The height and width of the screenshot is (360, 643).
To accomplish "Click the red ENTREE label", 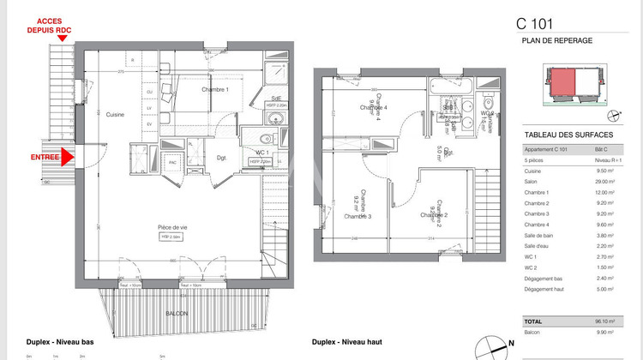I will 45,157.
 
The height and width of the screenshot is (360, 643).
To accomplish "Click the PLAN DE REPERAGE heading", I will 553,41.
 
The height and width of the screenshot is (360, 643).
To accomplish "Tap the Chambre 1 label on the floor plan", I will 215,89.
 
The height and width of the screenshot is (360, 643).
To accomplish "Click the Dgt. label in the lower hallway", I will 220,158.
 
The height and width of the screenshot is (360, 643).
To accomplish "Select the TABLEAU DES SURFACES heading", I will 568,135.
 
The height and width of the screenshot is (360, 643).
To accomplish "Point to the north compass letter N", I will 511,343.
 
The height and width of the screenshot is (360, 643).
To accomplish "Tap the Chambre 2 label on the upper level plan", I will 436,215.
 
